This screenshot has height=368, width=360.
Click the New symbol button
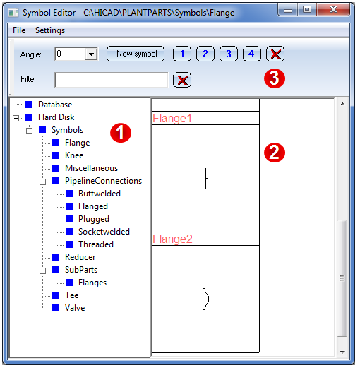[136, 54]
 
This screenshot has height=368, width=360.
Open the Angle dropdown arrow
[91, 54]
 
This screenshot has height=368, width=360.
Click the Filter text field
[112, 80]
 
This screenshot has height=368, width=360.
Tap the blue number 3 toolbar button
[229, 54]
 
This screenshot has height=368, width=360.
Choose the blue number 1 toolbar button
[182, 54]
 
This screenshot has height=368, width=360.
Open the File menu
[19, 30]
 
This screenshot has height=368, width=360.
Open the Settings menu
[50, 30]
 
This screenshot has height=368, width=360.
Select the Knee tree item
[74, 155]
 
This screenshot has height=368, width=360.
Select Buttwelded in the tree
[100, 194]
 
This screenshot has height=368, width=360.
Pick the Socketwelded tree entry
[104, 232]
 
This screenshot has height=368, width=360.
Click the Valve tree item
[75, 308]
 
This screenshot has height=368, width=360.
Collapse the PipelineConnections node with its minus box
[42, 182]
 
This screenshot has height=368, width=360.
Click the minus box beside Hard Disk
[16, 118]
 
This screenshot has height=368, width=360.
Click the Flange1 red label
[172, 118]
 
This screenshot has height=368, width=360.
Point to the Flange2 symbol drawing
[205, 299]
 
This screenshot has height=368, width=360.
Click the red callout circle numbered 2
[275, 153]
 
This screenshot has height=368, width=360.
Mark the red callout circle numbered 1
[121, 133]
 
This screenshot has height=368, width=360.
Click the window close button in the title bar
[333, 10]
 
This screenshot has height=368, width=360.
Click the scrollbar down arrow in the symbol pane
[342, 352]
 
